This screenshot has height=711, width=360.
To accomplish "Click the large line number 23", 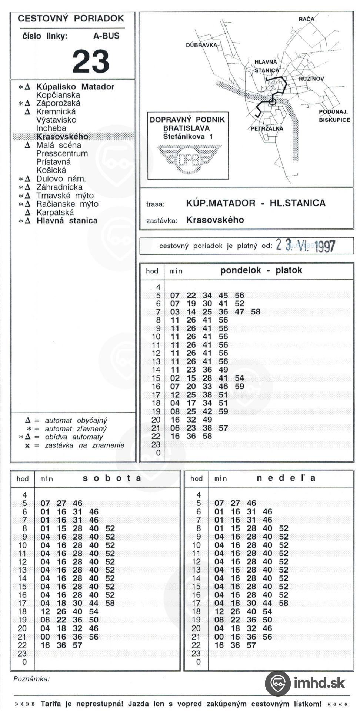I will (91, 61).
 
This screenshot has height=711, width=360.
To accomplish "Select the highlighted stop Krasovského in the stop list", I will (62, 137).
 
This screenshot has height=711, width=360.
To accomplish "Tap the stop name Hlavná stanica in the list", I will (67, 221).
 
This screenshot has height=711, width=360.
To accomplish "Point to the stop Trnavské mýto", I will (65, 196).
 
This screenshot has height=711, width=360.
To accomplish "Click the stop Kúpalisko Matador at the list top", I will (75, 87).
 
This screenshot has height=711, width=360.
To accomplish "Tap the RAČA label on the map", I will (306, 19).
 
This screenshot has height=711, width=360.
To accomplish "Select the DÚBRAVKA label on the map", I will (201, 45).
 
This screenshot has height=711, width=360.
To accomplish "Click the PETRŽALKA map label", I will (267, 128).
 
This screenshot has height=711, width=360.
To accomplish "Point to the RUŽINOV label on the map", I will (311, 79).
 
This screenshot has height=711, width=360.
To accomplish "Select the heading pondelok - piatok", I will (261, 270).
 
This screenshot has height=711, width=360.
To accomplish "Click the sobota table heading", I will (112, 478).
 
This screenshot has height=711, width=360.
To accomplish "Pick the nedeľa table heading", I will (286, 478).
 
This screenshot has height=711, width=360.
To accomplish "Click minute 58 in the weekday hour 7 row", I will (256, 312).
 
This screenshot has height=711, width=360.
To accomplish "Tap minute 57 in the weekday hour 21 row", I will (223, 428).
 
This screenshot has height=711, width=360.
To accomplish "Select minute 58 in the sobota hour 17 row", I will (110, 603).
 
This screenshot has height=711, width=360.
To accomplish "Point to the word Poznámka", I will (31, 679).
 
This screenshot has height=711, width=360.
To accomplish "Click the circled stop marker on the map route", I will (272, 101).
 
